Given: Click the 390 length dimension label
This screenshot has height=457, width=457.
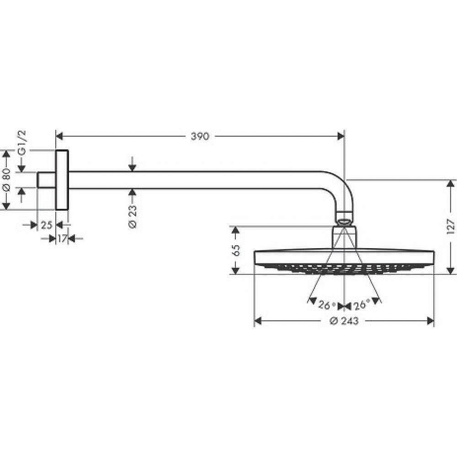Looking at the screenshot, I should point(200,136).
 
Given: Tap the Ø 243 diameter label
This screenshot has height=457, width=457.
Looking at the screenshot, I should point(344,321).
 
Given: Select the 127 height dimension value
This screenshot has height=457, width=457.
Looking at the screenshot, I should point(451,227).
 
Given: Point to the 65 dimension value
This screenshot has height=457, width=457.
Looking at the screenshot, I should point(236,250).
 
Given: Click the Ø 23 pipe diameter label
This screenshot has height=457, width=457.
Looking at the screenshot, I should point(132,217).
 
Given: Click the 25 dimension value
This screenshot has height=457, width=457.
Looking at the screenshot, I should point(47,224).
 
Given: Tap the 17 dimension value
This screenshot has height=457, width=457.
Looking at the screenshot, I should point(62,238).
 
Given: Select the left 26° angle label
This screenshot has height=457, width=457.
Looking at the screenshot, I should point(328,305).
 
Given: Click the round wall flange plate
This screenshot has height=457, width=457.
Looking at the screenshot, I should point(62,180).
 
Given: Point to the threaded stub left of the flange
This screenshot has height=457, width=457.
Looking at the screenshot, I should point(46,180).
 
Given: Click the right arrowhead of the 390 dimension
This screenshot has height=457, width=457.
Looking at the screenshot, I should point(340,136).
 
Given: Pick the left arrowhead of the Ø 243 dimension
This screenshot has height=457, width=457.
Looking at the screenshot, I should point(257,321).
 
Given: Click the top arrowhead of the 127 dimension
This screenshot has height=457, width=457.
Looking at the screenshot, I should point(451,183).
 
